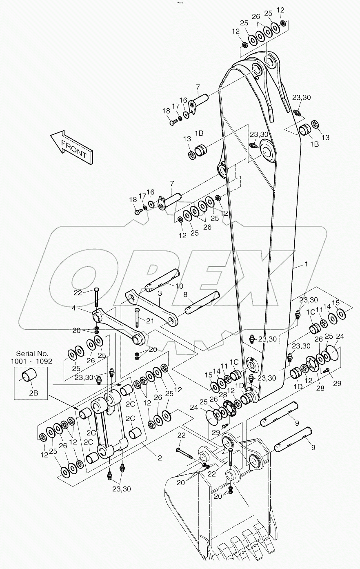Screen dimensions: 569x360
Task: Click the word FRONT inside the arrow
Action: point(74,149)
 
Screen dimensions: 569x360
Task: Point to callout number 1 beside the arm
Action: point(306,265)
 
